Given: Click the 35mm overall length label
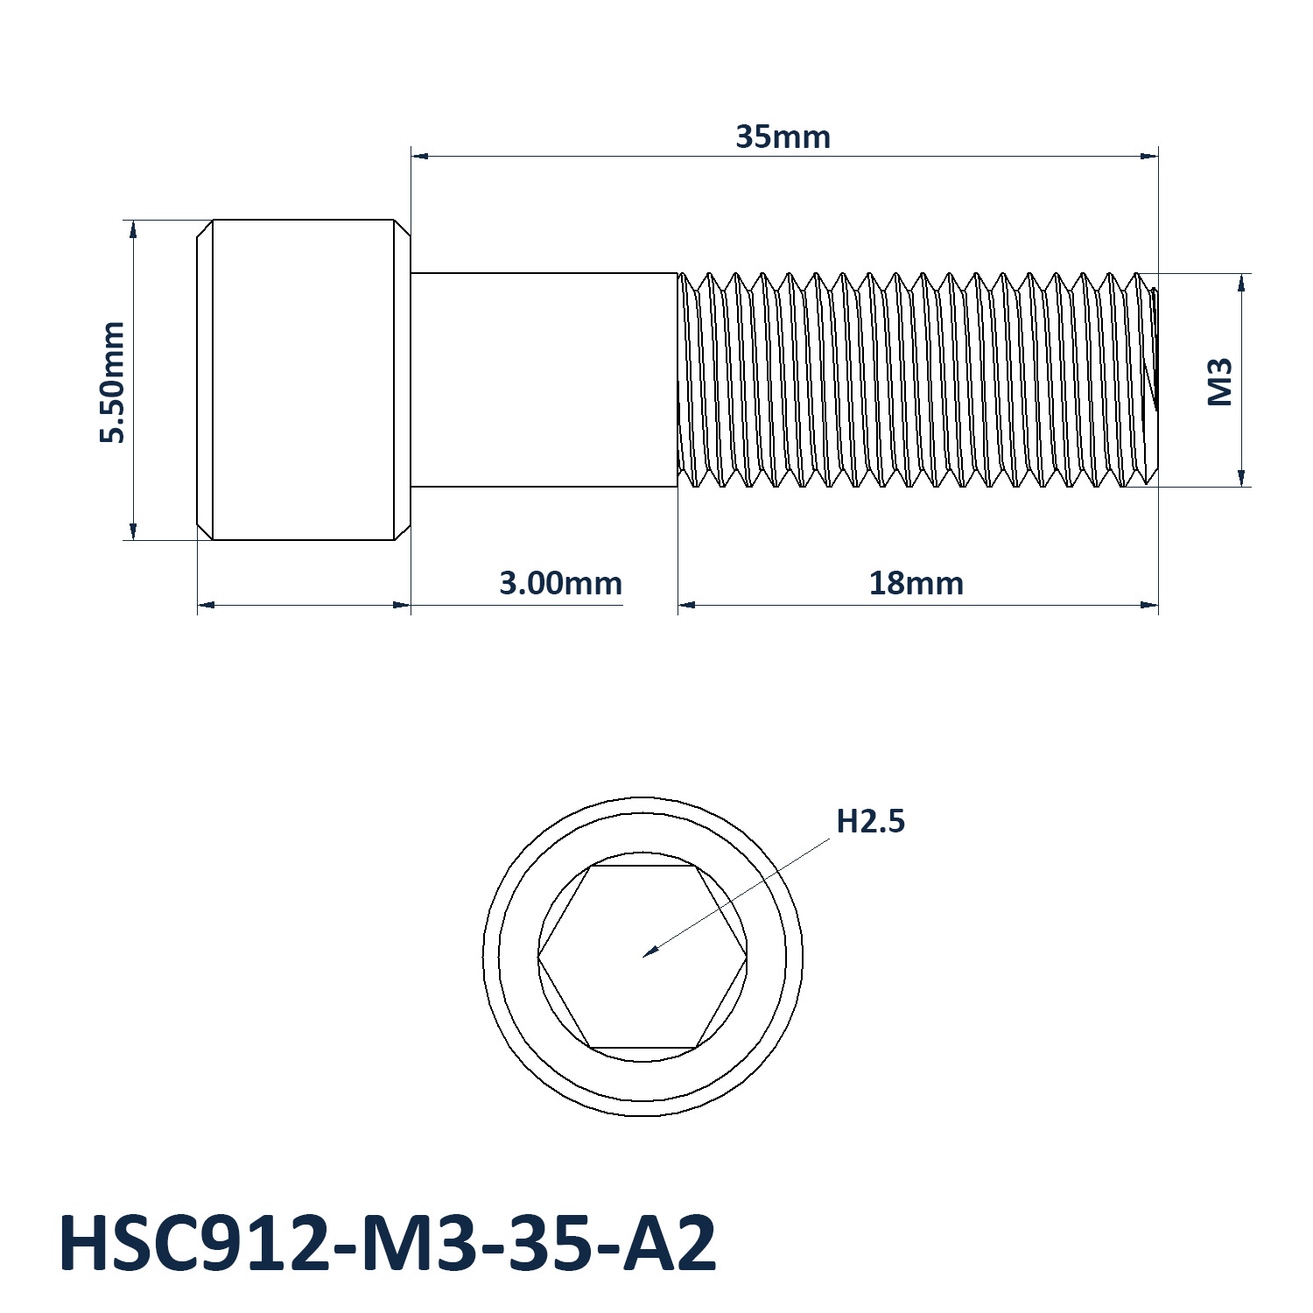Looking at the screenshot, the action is click(x=783, y=137).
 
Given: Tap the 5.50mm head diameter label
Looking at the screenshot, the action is click(x=112, y=382).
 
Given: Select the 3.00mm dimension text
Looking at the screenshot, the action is click(x=560, y=583).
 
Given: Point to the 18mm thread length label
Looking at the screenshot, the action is click(x=916, y=583).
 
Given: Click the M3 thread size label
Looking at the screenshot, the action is click(x=1219, y=381).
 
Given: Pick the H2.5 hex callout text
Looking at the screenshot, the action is click(x=871, y=821).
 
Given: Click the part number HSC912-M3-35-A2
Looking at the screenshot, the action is click(x=388, y=1244).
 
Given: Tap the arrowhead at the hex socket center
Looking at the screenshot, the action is click(x=650, y=951).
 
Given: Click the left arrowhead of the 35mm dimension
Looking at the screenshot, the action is click(x=420, y=157).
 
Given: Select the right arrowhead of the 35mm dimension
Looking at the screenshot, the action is click(x=1149, y=157).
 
